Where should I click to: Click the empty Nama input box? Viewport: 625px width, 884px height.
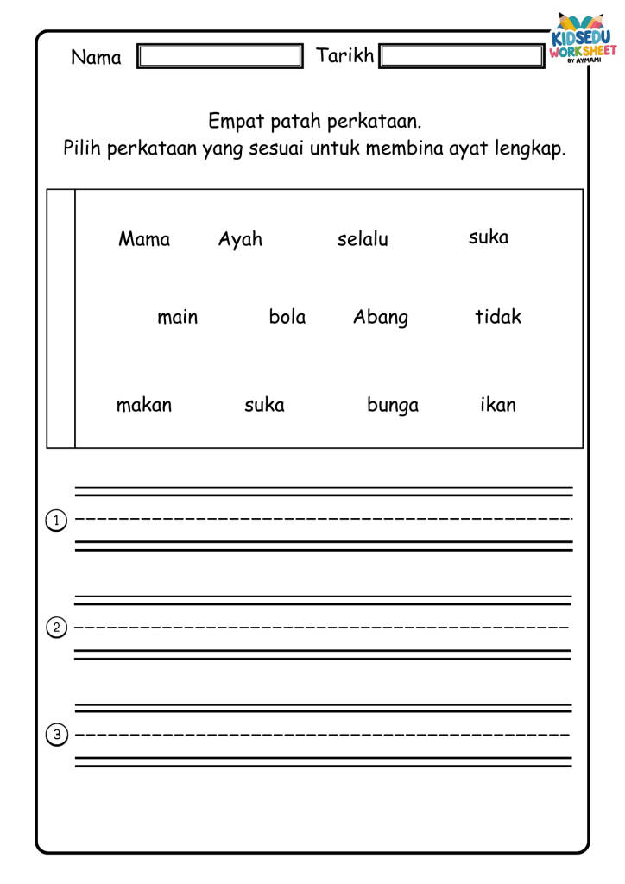coord(220,57)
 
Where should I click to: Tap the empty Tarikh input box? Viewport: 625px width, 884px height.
coord(462,57)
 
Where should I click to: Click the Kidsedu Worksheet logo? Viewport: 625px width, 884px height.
coord(584,41)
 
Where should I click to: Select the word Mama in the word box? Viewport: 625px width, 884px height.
coord(144,239)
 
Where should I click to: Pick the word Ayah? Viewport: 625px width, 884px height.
coord(240,239)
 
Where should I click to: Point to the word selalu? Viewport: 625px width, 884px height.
coord(363,239)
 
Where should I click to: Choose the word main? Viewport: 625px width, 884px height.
coord(178,317)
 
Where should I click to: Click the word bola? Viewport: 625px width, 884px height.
coord(287,317)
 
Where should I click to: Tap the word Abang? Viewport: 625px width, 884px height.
coord(381,318)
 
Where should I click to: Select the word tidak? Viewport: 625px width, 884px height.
coord(498,317)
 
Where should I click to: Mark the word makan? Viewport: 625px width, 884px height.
coord(144,405)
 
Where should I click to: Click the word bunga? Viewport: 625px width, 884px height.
coord(393,406)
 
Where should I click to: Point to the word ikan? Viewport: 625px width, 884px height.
coord(498,404)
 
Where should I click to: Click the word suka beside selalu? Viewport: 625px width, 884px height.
coord(489,237)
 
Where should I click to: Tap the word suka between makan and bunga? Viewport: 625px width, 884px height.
coord(264,405)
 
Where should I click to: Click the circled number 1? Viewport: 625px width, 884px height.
coord(56,521)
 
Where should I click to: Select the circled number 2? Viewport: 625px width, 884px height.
coord(56,628)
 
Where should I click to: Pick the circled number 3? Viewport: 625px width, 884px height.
coord(56,736)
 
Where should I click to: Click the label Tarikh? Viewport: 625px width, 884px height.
coord(345,56)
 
